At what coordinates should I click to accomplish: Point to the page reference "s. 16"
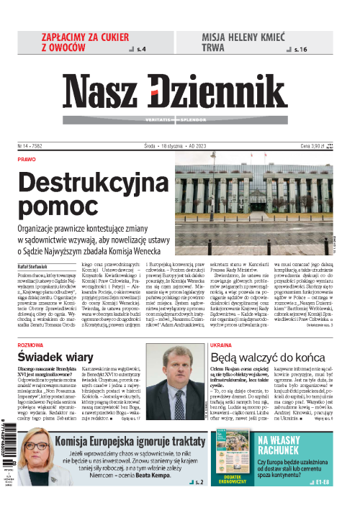pyautogui.click(x=302, y=50)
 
